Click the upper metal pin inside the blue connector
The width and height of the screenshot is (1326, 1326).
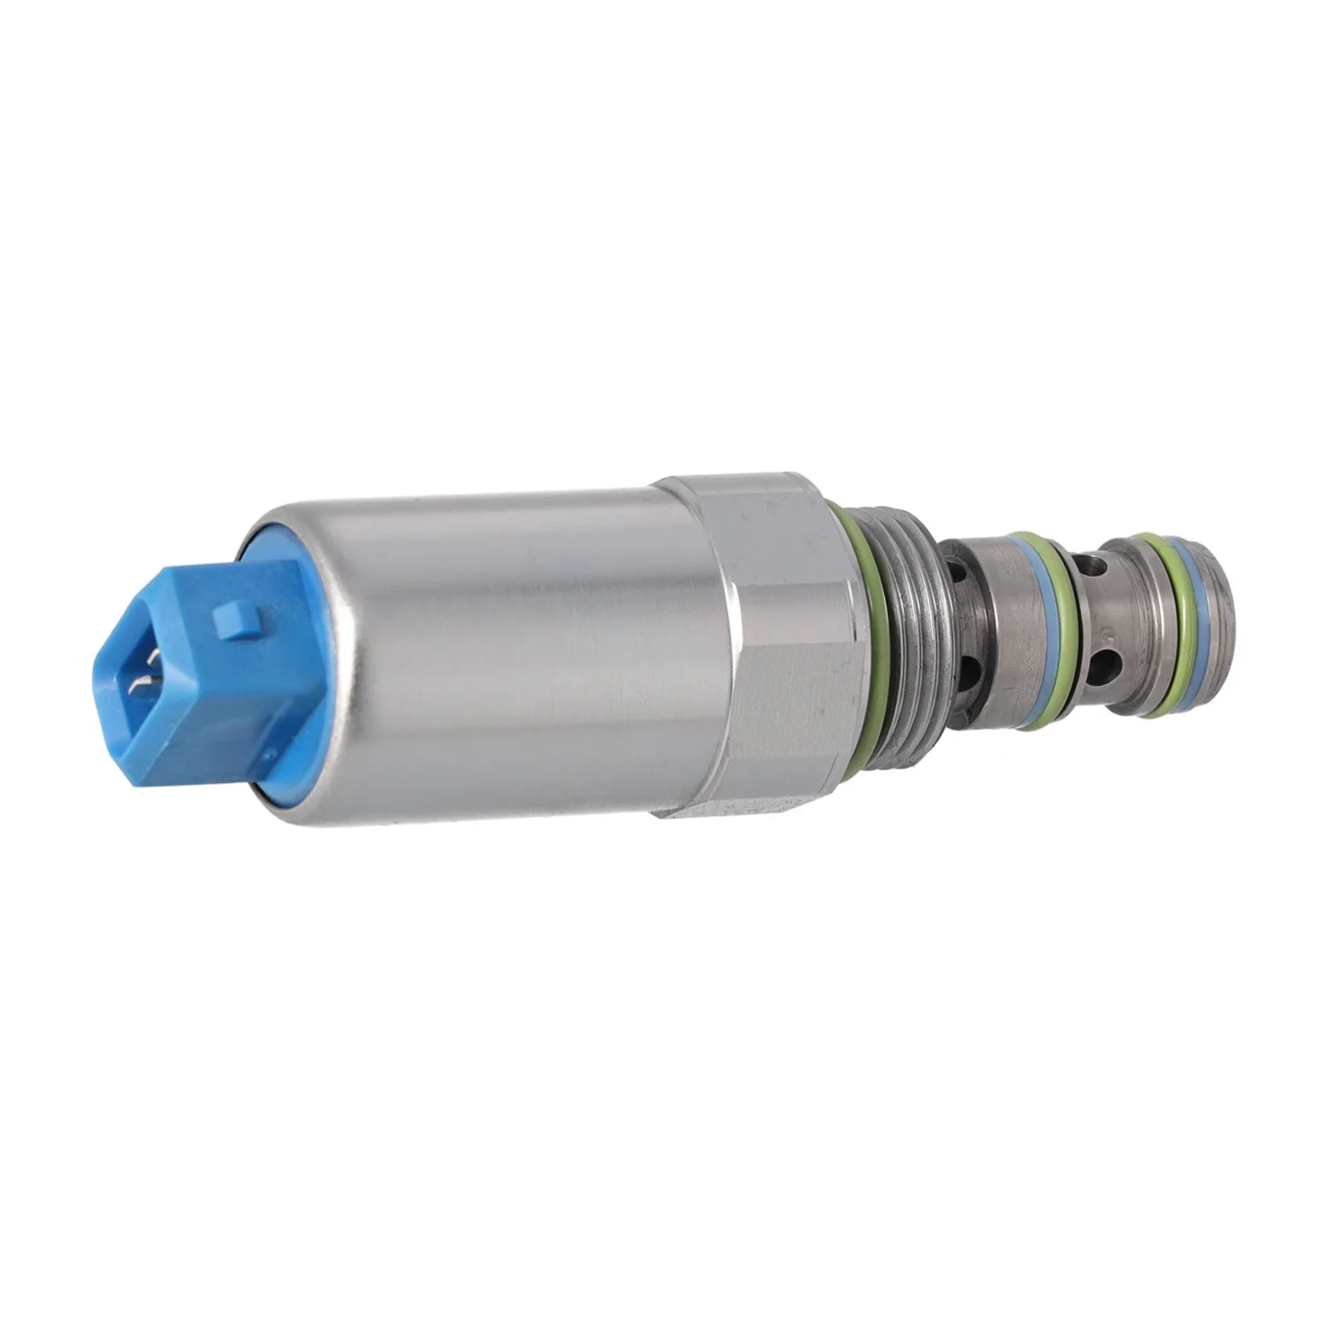click(154, 658)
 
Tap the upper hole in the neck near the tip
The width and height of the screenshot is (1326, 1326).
click(1094, 562)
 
